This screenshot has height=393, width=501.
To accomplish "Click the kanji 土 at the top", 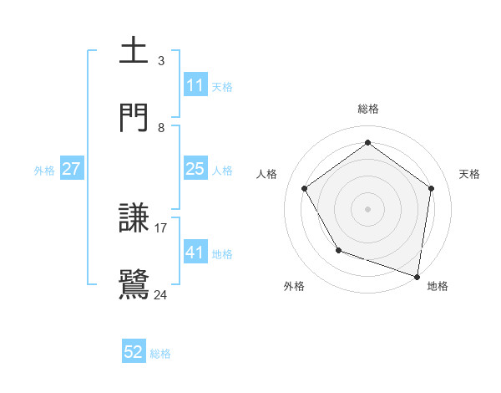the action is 134,51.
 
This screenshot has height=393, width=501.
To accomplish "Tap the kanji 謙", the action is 134,217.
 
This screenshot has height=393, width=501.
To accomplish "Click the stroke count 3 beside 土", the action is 161,61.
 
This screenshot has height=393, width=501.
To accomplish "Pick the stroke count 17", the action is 162,227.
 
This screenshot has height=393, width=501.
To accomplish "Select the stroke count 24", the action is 161,294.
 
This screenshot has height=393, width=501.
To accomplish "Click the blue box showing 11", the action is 195,85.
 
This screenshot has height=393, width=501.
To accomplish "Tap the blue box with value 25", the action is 195,169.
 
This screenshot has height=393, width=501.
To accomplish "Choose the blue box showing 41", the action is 195,253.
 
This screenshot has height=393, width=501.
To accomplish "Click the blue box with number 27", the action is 71,169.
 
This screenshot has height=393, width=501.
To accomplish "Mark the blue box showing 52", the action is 134,352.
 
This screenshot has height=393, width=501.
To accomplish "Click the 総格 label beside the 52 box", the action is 160,354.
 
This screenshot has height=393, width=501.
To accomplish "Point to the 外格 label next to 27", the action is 44,171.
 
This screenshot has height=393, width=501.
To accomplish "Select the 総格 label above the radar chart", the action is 368,109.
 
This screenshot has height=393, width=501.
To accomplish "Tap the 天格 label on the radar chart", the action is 469,174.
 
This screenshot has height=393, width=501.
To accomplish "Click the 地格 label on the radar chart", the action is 438,286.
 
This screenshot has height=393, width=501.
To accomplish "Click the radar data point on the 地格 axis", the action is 417,275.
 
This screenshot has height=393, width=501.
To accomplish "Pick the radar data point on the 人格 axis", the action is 304,189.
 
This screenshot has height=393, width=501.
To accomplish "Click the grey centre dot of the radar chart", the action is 367,208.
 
